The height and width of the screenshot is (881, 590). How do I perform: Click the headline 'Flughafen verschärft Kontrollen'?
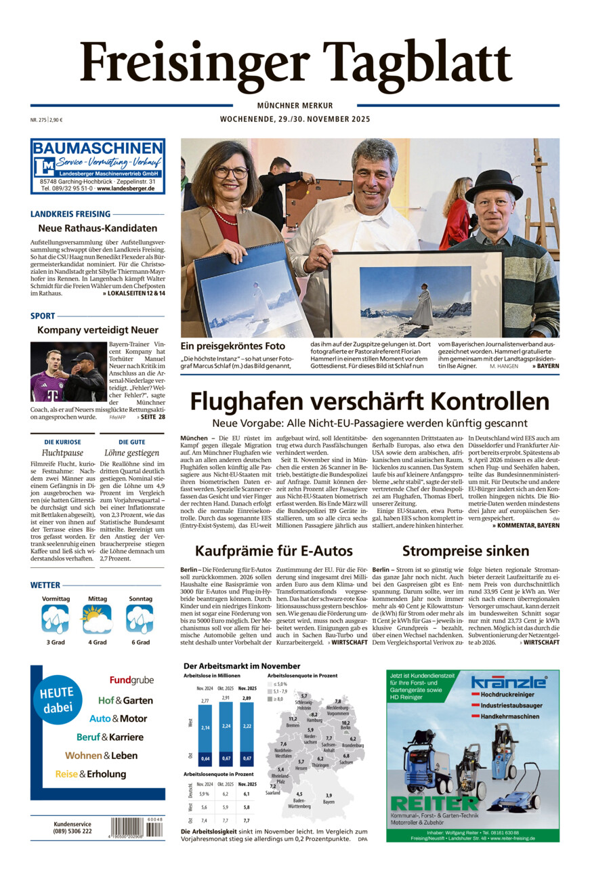click(369, 402)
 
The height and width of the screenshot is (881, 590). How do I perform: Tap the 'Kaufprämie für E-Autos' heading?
click(274, 551)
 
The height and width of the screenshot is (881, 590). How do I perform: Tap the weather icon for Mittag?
click(96, 619)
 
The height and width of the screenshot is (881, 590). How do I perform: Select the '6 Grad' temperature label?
click(140, 642)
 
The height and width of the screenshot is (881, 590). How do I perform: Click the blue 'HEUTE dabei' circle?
click(58, 701)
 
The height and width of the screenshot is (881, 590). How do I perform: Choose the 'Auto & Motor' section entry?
click(118, 718)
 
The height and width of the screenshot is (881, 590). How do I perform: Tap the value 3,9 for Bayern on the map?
click(329, 795)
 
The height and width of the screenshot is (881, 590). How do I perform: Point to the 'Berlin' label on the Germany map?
click(345, 727)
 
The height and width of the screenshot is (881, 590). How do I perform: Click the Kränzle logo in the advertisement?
click(508, 682)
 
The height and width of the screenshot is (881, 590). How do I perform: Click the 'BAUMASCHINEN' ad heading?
click(98, 148)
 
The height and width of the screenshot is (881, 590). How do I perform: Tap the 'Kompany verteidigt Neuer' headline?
click(98, 330)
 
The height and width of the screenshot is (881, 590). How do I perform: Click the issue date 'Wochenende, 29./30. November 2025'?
click(295, 119)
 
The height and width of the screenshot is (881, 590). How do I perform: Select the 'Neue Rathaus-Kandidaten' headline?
click(98, 228)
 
